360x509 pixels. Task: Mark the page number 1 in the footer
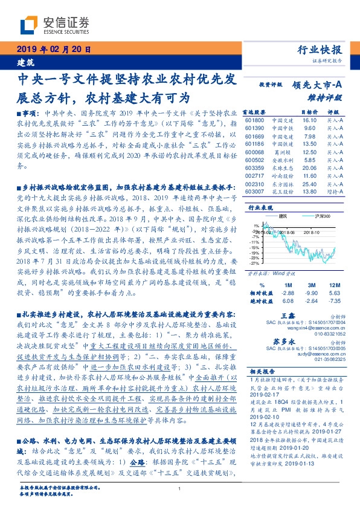pyautogui.click(x=180, y=489)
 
